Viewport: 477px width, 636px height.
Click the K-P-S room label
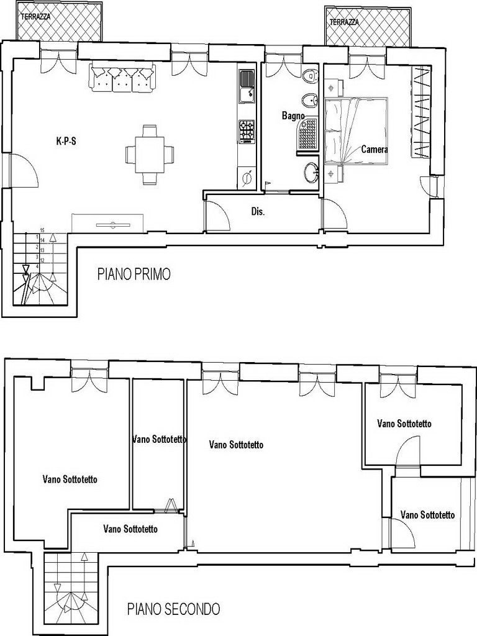point(66,142)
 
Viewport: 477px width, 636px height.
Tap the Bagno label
point(293,116)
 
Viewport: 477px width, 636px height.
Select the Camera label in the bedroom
point(375,149)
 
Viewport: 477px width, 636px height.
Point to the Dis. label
point(258,212)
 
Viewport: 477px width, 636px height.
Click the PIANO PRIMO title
point(134,274)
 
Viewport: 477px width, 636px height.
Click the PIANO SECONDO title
point(174,609)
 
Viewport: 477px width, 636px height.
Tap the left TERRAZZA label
point(36,17)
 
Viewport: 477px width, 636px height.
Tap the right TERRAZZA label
point(344,22)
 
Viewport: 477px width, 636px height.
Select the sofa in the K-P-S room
point(124,76)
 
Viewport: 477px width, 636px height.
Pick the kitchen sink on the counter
point(247,86)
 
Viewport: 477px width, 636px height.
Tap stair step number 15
point(42,230)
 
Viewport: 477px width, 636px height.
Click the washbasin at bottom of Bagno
point(312,173)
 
